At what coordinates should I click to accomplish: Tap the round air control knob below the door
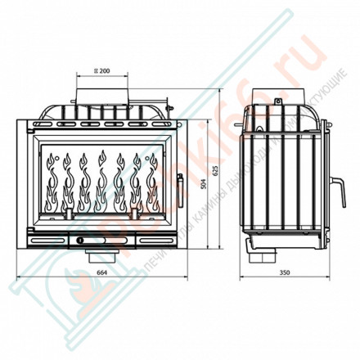82,241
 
